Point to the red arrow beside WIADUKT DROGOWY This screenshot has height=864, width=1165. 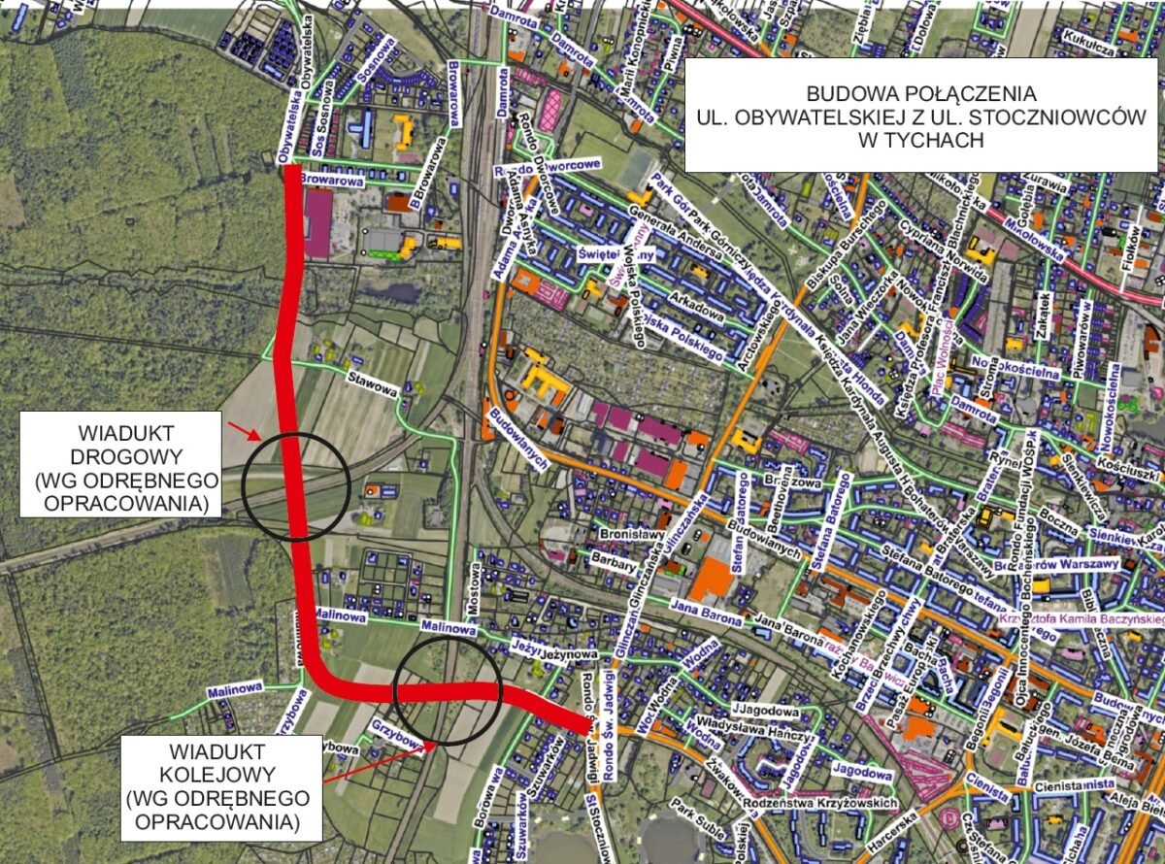click(243, 429)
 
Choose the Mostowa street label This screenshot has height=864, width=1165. click(475, 587)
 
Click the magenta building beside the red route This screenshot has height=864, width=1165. click(317, 222)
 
